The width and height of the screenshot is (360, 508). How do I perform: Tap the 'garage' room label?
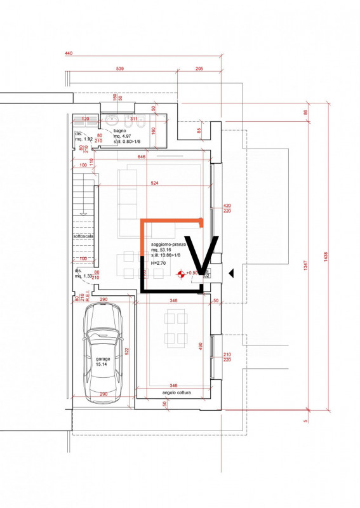tap(103, 359)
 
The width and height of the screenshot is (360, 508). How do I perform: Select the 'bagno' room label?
tap(120, 131)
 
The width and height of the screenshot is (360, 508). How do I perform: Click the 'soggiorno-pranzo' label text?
tap(168, 244)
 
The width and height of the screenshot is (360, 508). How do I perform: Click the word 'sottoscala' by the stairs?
tap(84, 236)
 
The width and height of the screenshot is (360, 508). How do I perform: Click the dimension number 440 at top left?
tap(69, 54)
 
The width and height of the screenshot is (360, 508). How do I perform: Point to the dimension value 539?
tap(120, 68)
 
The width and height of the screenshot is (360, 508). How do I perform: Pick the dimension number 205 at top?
tap(199, 68)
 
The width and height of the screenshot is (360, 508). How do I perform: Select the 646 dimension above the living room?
tap(142, 156)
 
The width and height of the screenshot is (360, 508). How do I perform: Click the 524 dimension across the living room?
tap(154, 184)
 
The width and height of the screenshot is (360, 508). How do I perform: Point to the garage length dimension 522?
tap(127, 351)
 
